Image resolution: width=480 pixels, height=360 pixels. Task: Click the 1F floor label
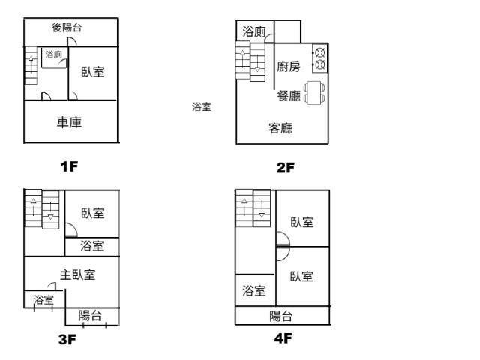tap(69, 166)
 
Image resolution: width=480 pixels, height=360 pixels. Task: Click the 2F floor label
tap(285, 168)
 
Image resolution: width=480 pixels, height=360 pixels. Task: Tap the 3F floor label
tap(67, 339)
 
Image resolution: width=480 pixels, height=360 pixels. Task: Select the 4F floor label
tap(283, 338)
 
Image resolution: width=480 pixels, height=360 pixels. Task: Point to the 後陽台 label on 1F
tap(67, 28)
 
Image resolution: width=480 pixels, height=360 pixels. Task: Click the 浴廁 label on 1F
tap(53, 55)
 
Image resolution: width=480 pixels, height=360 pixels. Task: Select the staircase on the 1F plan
tap(31, 66)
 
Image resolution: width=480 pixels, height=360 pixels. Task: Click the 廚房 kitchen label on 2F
tap(289, 67)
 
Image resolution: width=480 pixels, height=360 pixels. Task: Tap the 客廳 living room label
tap(280, 128)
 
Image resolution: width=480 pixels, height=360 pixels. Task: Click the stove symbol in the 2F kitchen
tap(319, 58)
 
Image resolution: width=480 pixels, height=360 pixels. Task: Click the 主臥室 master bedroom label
tap(78, 274)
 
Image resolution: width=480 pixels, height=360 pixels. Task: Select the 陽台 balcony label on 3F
tap(90, 316)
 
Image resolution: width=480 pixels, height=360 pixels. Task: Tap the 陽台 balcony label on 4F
tap(281, 316)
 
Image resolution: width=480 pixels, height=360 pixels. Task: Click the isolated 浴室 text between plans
tap(202, 107)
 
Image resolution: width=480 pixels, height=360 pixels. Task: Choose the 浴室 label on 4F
tap(254, 291)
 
